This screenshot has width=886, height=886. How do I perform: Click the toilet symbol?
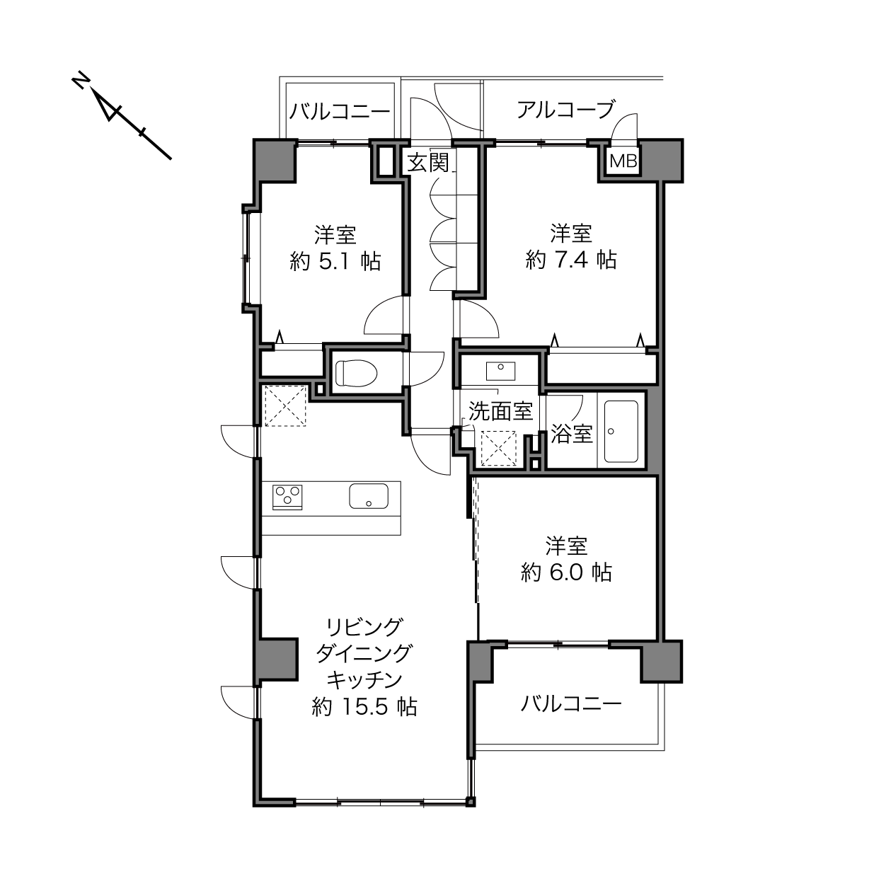click(x=356, y=372)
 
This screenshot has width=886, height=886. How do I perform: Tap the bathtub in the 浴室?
click(x=621, y=431)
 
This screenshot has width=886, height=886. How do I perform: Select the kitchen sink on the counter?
click(x=368, y=495)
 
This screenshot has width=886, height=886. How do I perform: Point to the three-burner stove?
click(x=287, y=497)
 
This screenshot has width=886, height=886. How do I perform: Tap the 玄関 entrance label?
click(x=428, y=162)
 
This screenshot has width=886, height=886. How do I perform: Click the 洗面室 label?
click(x=501, y=410)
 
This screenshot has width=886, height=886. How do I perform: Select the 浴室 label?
click(x=572, y=434)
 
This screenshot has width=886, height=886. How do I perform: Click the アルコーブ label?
click(x=565, y=110)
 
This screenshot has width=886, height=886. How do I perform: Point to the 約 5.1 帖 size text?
click(x=335, y=261)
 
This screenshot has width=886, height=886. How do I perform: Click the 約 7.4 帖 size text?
click(x=571, y=260)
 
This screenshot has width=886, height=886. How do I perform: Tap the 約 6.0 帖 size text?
click(x=566, y=573)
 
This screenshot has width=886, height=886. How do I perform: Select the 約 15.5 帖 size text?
click(x=364, y=706)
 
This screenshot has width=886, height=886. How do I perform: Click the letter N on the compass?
click(x=79, y=81)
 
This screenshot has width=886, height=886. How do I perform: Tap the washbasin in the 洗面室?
click(x=500, y=371)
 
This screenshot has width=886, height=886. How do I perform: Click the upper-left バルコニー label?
click(x=340, y=111)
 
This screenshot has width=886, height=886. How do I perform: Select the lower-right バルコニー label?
click(x=571, y=703)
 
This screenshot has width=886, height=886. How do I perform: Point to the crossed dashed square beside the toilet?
click(x=285, y=405)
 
